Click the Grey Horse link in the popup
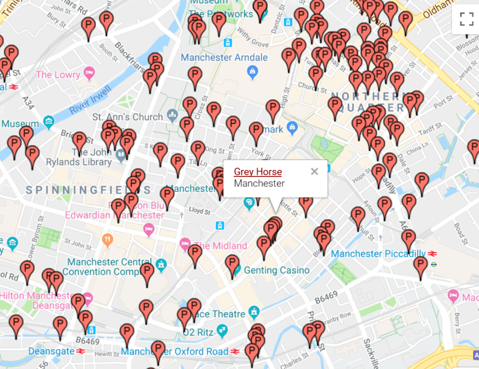[x=258, y=172]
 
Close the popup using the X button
[x=314, y=171]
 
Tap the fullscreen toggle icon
[x=467, y=18]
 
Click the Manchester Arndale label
[x=216, y=57]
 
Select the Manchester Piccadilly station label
[x=377, y=253]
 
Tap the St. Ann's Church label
[x=127, y=117]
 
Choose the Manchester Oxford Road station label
[x=175, y=351]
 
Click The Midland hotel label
[x=220, y=246]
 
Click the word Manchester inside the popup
[x=259, y=184]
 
